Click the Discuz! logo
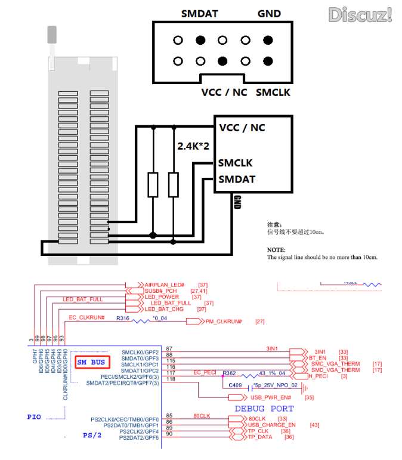coord(360,14)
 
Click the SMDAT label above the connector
coord(199,14)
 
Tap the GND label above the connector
coord(269,14)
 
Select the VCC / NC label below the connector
coord(224,92)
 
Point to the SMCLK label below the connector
coord(273,92)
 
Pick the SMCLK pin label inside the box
coord(236,163)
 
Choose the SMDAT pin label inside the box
coord(237,179)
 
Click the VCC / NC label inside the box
coord(242,128)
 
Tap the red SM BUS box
coord(91,362)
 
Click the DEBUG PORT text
coord(264,409)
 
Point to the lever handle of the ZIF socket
coord(50,36)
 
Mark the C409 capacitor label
coord(236,385)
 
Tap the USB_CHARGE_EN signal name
coord(272,425)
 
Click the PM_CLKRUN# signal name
coord(224,322)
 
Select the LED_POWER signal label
coord(162,297)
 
